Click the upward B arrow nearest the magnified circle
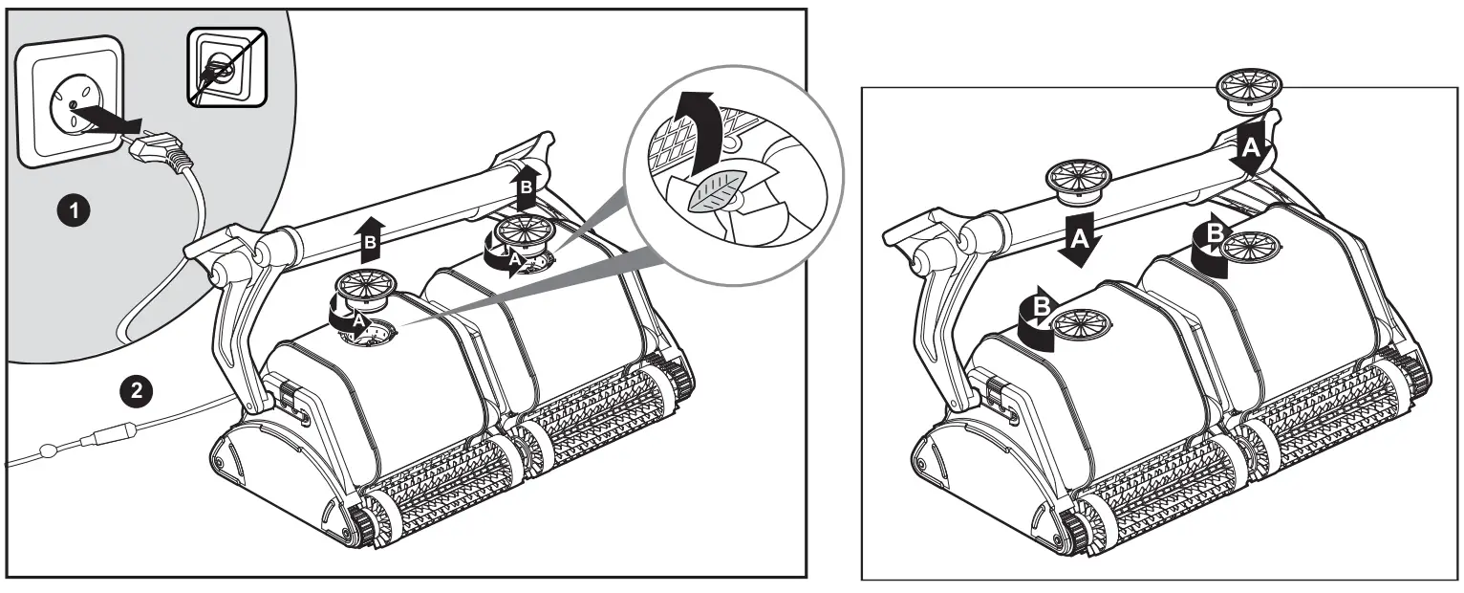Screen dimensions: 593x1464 (525, 191)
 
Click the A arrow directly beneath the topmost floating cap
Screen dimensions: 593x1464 (1252, 145)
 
